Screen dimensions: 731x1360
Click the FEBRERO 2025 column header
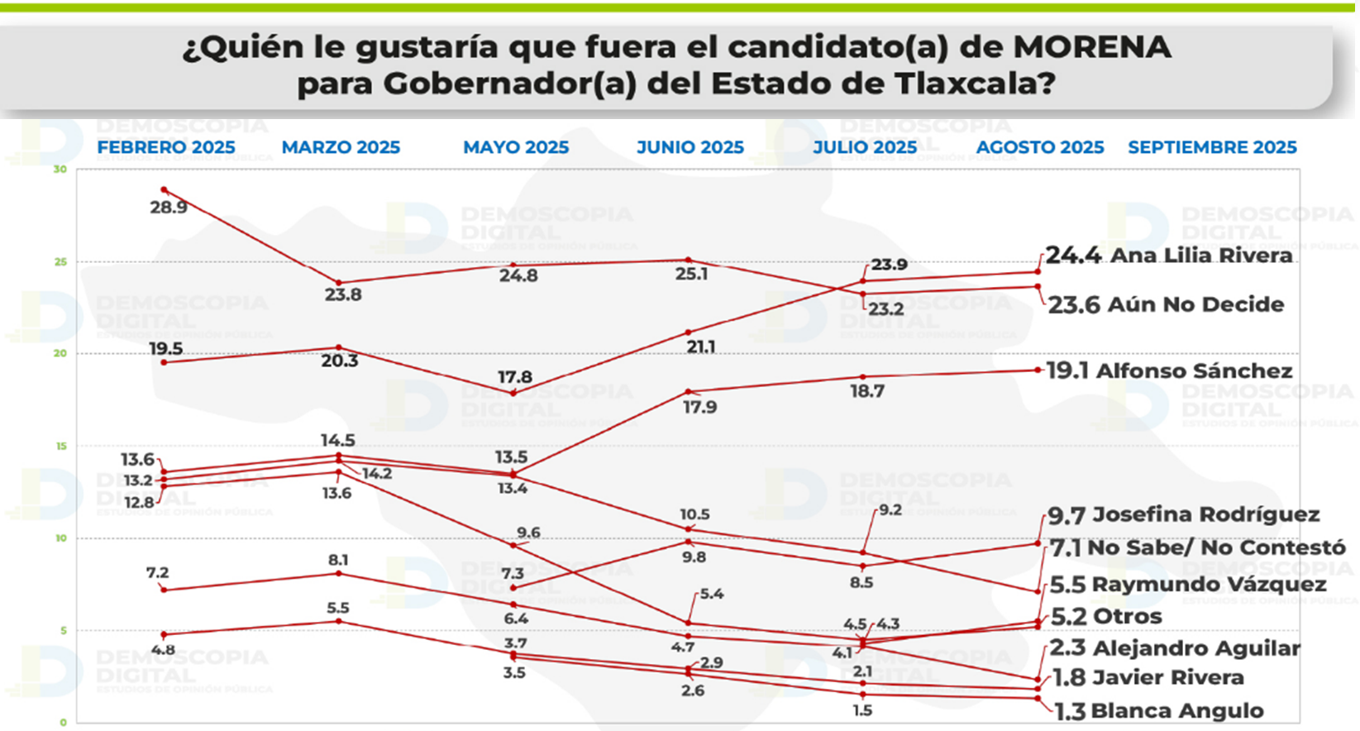click(x=166, y=147)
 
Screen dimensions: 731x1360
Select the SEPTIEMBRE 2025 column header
click(x=1212, y=147)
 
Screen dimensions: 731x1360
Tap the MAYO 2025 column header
click(x=516, y=147)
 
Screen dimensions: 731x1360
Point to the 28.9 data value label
click(x=169, y=208)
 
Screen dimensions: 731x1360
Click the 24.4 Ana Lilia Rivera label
click(x=1168, y=255)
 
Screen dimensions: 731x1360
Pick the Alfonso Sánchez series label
click(x=1194, y=370)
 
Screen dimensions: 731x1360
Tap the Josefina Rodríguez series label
click(x=1205, y=514)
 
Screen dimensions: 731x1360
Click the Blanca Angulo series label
click(x=1176, y=710)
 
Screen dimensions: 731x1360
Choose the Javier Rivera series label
click(x=1167, y=677)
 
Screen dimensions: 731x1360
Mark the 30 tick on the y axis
click(x=60, y=170)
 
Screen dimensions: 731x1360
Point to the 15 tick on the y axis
click(x=60, y=447)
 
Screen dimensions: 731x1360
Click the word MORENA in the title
click(x=1091, y=47)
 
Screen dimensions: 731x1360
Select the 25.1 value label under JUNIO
click(x=691, y=274)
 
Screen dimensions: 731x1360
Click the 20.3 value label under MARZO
click(x=339, y=361)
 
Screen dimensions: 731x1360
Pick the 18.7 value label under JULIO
click(x=867, y=391)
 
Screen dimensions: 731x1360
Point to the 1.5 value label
click(x=862, y=710)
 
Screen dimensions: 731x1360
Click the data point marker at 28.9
click(x=164, y=189)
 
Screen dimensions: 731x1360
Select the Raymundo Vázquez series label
click(x=1209, y=584)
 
